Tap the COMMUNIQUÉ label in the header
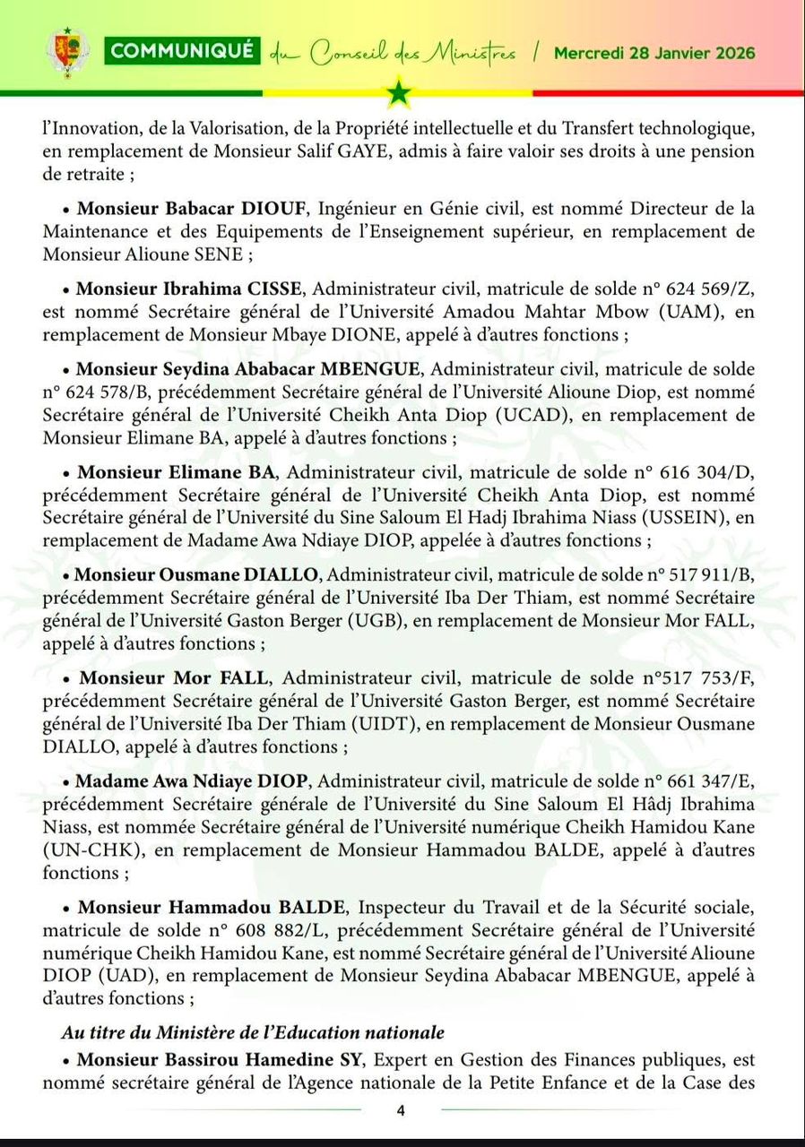pos(183,51)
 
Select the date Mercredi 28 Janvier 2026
pos(654,52)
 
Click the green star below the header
pos(399,92)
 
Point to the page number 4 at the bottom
pos(401,1111)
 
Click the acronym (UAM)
pos(692,313)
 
